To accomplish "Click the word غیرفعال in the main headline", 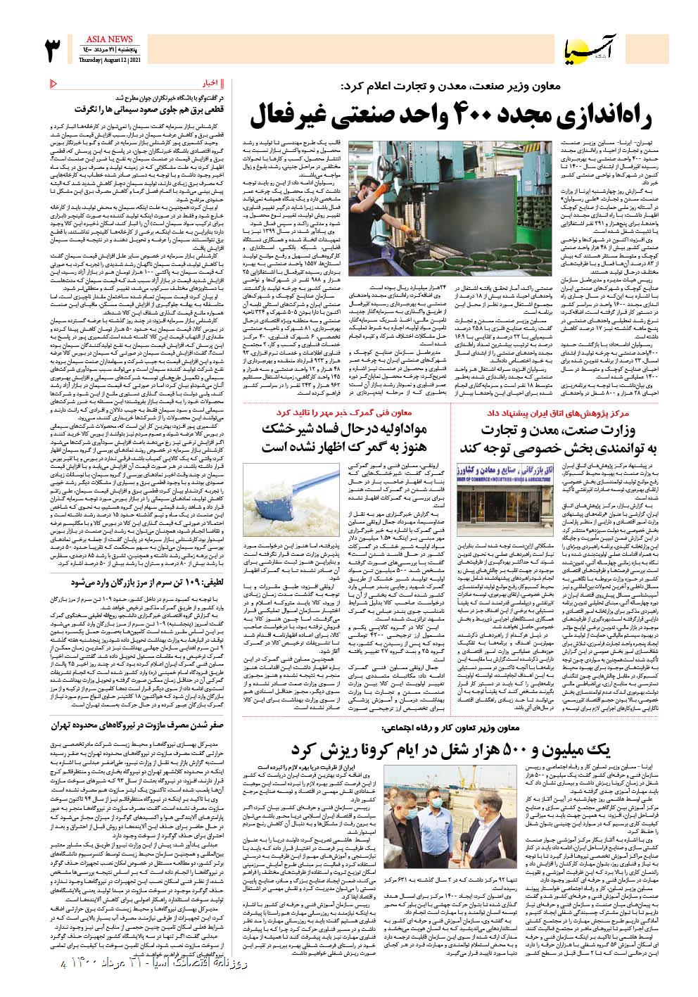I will (294, 114).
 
